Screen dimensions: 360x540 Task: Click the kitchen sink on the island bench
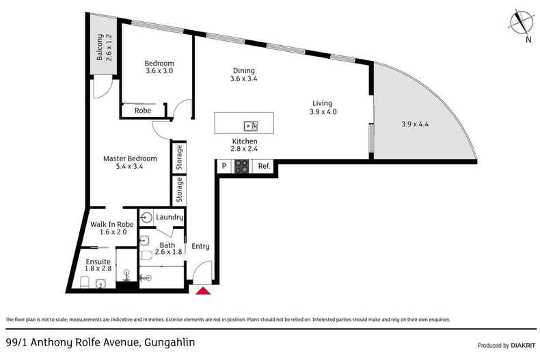pos(250,125)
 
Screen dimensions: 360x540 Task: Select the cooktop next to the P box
pos(242,165)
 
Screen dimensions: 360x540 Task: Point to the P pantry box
pos(224,165)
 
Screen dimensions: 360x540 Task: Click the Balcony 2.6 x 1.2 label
pos(103,48)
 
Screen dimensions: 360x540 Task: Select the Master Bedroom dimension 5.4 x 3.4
pos(130,165)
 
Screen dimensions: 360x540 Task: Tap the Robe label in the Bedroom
pos(142,110)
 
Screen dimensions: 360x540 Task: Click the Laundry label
pos(169,217)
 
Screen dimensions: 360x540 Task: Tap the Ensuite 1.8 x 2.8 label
pos(98,264)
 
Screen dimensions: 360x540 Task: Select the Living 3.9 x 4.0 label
pos(323,107)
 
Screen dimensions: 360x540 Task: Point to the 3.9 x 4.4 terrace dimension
pos(415,125)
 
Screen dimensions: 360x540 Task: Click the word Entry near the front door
pos(200,247)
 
